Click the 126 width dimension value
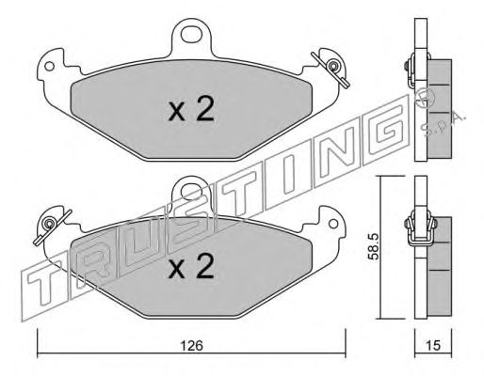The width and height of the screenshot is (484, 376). [192, 346]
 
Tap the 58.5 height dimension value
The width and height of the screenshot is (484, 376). [374, 246]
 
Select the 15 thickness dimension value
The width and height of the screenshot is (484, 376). [433, 345]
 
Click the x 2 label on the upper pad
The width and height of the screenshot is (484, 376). [191, 109]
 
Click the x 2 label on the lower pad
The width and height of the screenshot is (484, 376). [191, 266]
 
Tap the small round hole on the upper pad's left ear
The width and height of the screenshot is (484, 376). [49, 66]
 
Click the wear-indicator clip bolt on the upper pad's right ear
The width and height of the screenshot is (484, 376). [332, 67]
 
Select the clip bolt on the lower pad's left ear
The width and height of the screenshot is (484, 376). [49, 223]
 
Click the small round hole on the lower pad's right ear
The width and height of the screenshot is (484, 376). [333, 224]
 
